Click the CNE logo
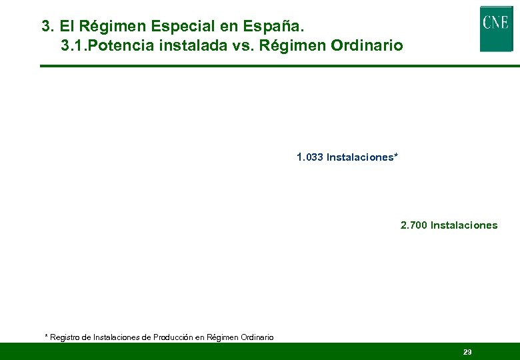[496, 29]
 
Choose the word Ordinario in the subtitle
[367, 46]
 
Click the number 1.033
[310, 158]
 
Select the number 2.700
[414, 225]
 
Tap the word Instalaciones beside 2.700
[464, 225]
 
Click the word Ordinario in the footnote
[253, 337]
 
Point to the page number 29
[467, 352]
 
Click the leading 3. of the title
[47, 27]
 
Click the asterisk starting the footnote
[47, 337]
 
